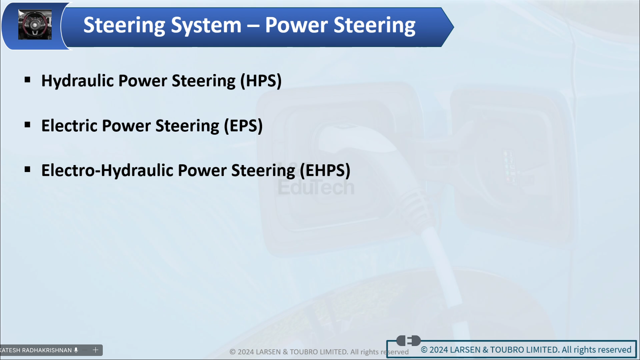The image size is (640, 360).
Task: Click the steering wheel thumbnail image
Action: point(35,25)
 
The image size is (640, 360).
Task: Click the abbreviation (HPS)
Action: point(261,81)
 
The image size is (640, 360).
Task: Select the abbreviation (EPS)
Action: point(243,126)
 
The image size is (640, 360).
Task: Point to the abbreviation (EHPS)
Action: point(325,171)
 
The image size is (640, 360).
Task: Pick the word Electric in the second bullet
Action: point(69,126)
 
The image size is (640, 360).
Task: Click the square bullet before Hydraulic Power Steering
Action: point(27,80)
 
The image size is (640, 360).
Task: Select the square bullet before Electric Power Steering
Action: point(27,125)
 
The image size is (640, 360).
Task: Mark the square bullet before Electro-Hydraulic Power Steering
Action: point(27,169)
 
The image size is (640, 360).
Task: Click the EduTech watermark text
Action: point(316,187)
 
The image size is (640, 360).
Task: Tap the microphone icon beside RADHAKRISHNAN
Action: point(76,350)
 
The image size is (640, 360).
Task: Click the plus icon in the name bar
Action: point(95,350)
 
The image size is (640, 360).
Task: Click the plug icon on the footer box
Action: point(409,340)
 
